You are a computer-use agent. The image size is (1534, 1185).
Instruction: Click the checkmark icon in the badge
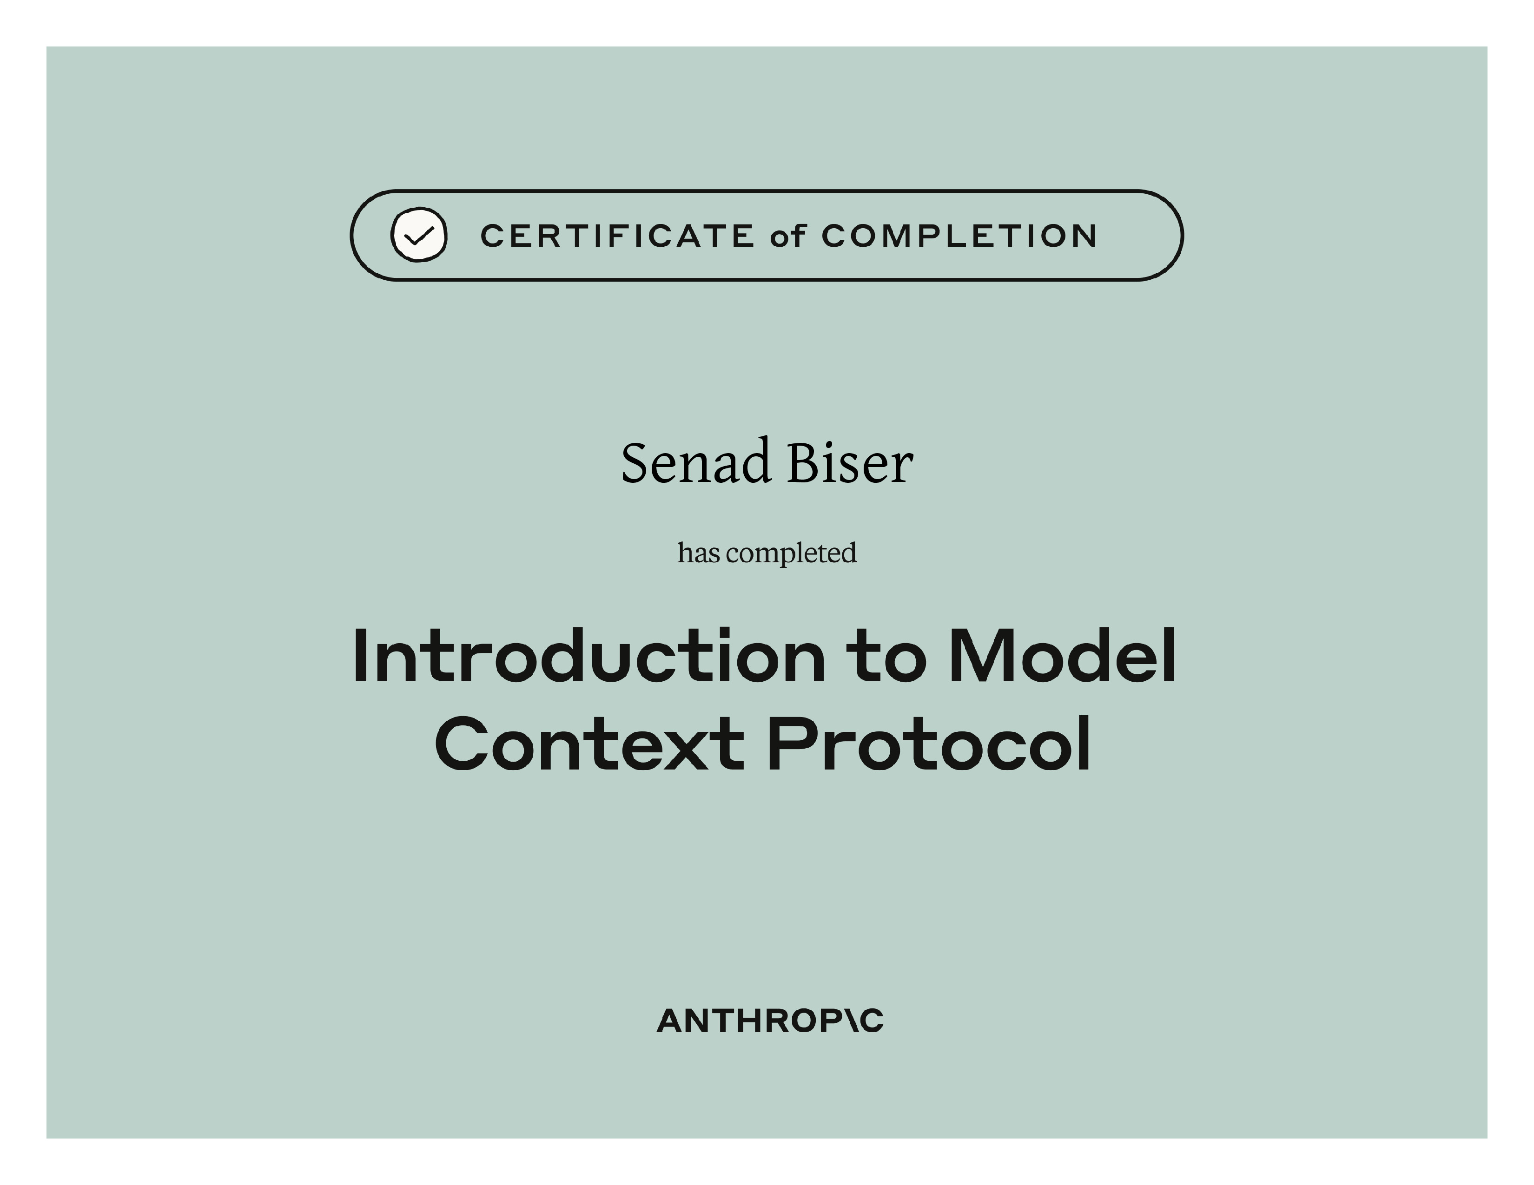[x=419, y=235]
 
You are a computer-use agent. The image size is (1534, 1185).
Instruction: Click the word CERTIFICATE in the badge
[x=617, y=236]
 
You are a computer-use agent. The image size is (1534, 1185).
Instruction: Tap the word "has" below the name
[x=698, y=553]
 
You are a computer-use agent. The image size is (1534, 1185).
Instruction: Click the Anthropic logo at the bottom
[x=770, y=1021]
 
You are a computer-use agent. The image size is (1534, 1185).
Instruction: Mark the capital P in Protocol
[x=789, y=744]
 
